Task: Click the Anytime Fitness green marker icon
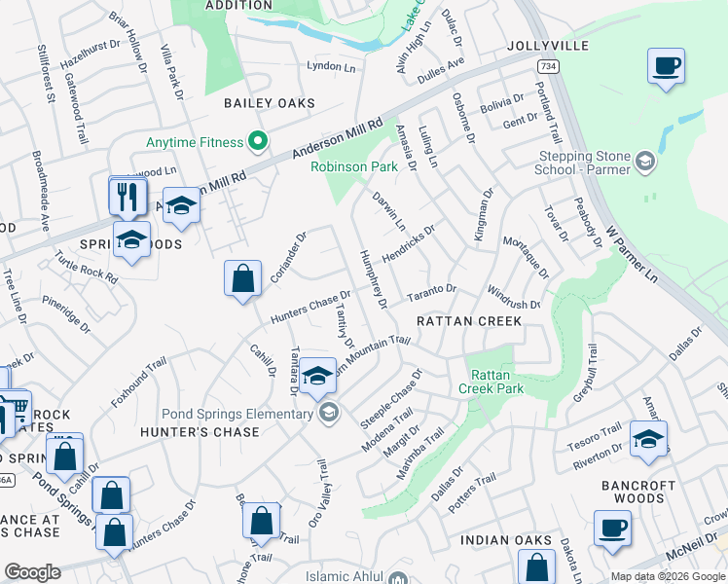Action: point(258,143)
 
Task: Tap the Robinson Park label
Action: point(354,166)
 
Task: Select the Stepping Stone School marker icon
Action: point(643,160)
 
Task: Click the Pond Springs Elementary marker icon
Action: point(329,413)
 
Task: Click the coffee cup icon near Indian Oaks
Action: point(612,529)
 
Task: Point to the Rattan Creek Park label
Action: point(496,382)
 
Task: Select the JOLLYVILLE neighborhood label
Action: point(548,46)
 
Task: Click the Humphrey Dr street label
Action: point(374,278)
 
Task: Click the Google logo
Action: point(32,572)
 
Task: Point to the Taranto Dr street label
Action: point(431,291)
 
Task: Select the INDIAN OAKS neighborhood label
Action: point(506,540)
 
